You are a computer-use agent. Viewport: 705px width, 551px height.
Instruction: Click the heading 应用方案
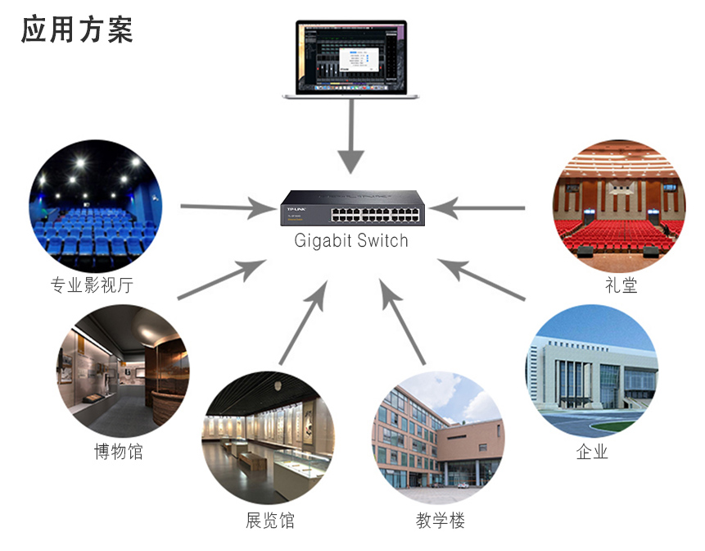(x=77, y=30)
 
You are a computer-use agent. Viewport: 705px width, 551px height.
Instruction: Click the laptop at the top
(x=350, y=59)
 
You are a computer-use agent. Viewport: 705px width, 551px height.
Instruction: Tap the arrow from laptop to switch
(x=350, y=136)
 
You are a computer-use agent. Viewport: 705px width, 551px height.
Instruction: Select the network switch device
(x=352, y=207)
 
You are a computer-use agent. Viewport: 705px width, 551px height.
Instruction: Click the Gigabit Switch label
(x=351, y=241)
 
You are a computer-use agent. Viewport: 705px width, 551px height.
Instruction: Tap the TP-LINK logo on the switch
(x=296, y=209)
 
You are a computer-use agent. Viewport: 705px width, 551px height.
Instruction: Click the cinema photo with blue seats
(x=96, y=206)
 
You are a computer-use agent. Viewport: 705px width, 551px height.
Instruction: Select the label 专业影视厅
(x=92, y=285)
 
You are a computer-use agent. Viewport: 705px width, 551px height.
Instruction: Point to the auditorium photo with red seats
(x=619, y=206)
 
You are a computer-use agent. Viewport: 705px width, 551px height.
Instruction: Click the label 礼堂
(x=621, y=285)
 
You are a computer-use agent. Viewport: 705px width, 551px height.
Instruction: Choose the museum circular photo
(x=123, y=371)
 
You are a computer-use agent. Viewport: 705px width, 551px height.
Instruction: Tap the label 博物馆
(x=118, y=451)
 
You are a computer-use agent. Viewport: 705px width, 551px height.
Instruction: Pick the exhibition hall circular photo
(x=269, y=438)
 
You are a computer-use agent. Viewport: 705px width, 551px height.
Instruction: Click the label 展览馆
(x=269, y=520)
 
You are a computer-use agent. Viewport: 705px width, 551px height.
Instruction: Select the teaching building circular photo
(x=438, y=438)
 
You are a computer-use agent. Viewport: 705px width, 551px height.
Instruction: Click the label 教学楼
(x=441, y=520)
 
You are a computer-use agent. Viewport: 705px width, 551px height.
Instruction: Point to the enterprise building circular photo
(x=592, y=371)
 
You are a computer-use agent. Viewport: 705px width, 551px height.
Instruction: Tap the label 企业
(x=592, y=451)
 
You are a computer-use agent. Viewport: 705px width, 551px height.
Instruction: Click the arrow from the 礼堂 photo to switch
(x=477, y=208)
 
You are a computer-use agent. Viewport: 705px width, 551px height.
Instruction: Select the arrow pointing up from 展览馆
(x=303, y=322)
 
